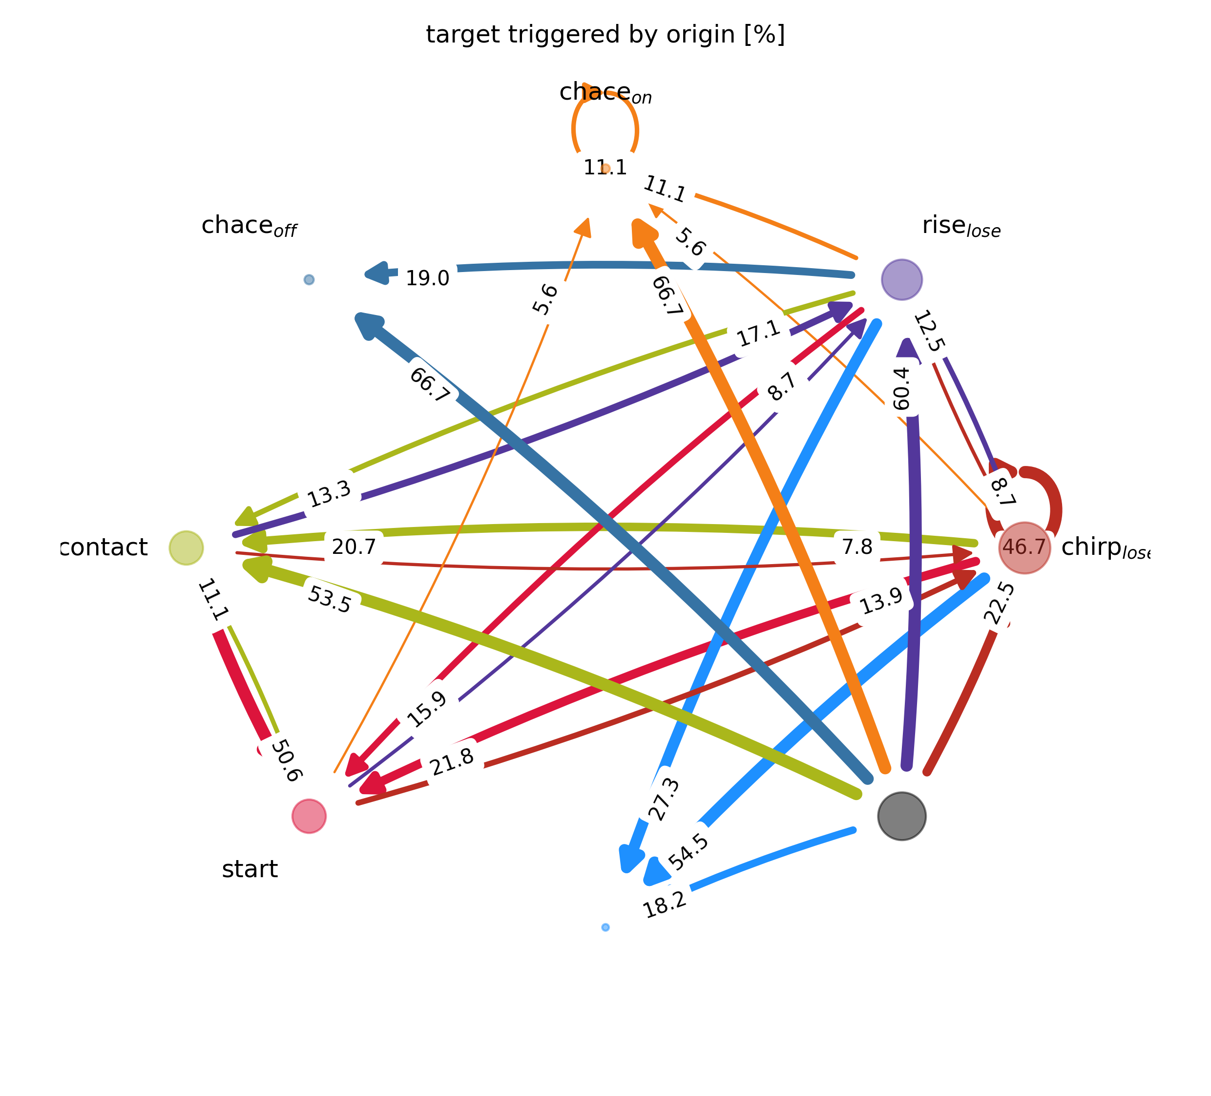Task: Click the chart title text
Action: pyautogui.click(x=605, y=35)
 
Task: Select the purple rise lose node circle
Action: pyautogui.click(x=901, y=279)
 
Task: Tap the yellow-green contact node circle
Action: pyautogui.click(x=186, y=548)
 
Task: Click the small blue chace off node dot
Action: pyautogui.click(x=309, y=279)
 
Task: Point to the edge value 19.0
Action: pyautogui.click(x=427, y=279)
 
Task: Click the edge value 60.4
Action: pyautogui.click(x=902, y=389)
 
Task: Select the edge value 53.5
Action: pyautogui.click(x=329, y=600)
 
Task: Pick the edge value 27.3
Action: pyautogui.click(x=665, y=800)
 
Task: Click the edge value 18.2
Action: pyautogui.click(x=665, y=904)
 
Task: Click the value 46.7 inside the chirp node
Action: pyautogui.click(x=1024, y=548)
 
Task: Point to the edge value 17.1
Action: pyautogui.click(x=759, y=334)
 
